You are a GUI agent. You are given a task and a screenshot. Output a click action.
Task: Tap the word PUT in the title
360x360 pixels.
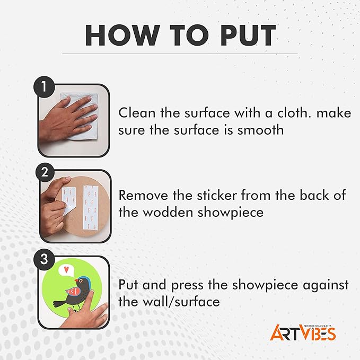point(248,35)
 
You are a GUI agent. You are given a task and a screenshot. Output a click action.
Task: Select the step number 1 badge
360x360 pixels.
point(44,87)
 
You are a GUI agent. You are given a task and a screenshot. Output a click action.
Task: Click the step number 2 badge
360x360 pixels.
point(45,172)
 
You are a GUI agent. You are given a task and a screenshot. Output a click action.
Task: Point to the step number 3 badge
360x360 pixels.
point(44,259)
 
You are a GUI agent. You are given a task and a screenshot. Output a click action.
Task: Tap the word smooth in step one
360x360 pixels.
point(260,130)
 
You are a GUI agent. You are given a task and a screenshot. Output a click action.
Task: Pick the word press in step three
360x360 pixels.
point(187,285)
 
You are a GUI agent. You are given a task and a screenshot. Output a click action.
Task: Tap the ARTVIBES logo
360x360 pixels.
point(303,332)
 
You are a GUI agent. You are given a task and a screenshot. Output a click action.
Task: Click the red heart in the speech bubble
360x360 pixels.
point(66,269)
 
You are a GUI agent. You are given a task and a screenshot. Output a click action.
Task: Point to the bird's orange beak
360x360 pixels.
point(76,280)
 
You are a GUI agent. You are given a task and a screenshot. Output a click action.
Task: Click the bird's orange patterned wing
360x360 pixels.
point(73,292)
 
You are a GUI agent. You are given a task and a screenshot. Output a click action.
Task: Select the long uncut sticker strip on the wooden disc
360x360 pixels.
point(91,207)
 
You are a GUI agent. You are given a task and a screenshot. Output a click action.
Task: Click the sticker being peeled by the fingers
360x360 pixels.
point(68,200)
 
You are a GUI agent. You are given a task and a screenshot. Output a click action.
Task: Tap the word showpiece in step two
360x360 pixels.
point(231,213)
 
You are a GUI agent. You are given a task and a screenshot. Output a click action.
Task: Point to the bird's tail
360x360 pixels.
point(59,303)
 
